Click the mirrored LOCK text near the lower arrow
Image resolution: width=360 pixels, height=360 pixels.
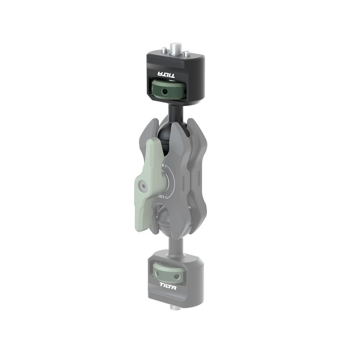pyautogui.click(x=162, y=197)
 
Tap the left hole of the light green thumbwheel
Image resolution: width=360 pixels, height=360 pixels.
pyautogui.click(x=158, y=273)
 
